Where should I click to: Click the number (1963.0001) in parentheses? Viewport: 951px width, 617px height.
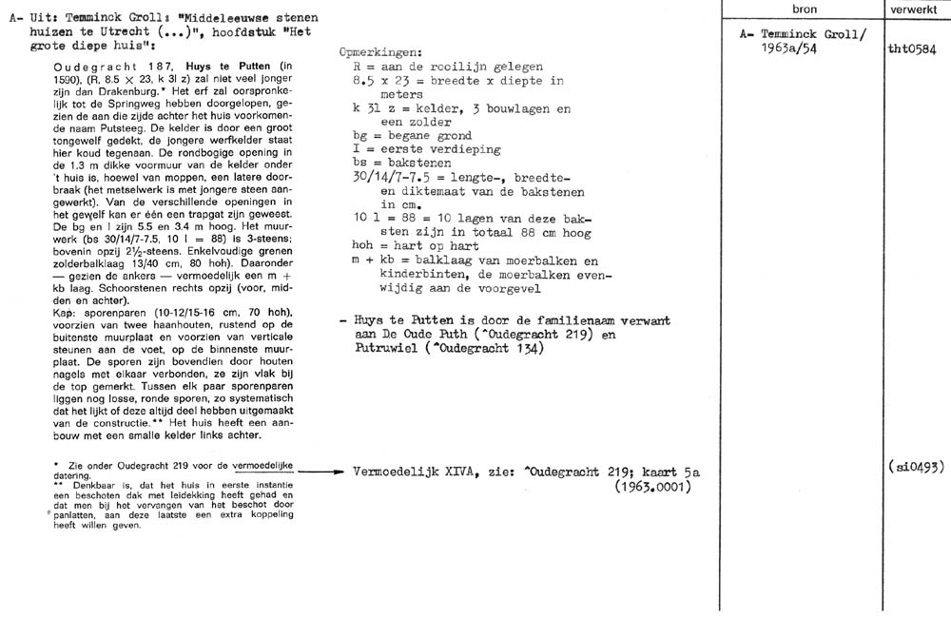click(655, 486)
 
